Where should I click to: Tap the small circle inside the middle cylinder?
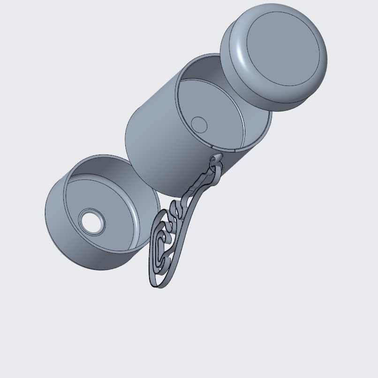click(199, 125)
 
